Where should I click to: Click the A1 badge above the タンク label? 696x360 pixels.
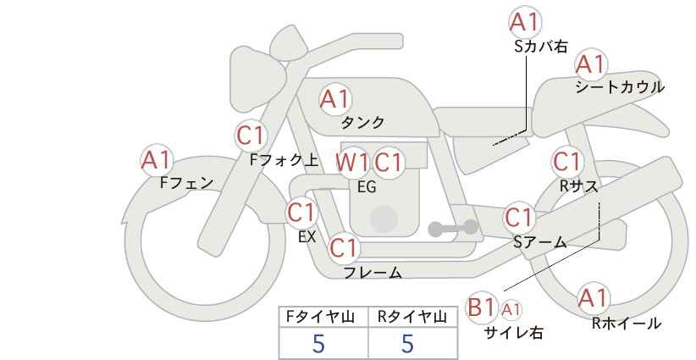coord(335,99)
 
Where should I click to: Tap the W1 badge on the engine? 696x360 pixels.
coord(351,163)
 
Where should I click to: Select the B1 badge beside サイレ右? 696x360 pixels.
coord(481,307)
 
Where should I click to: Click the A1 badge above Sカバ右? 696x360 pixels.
coord(525,22)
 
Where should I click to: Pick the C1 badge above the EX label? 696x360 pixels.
coord(301,213)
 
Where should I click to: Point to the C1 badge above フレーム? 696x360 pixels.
coord(344,247)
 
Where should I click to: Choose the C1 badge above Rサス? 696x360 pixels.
coord(567,161)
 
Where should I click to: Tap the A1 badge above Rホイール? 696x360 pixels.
coord(593,298)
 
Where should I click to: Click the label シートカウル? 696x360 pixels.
coord(620,87)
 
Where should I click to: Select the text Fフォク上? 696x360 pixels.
coord(284,160)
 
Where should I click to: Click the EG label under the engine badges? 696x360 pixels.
coord(367,187)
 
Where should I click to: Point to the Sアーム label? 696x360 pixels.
coord(540,242)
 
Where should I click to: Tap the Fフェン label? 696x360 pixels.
coord(186,183)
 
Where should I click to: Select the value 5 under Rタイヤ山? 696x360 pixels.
coord(407,343)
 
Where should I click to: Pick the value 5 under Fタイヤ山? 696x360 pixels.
coord(318,343)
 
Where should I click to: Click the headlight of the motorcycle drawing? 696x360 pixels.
coord(255,79)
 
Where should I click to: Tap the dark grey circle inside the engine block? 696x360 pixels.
coord(384,219)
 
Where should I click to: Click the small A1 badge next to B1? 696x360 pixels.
coord(511,309)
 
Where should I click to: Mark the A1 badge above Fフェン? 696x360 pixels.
coord(157,160)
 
